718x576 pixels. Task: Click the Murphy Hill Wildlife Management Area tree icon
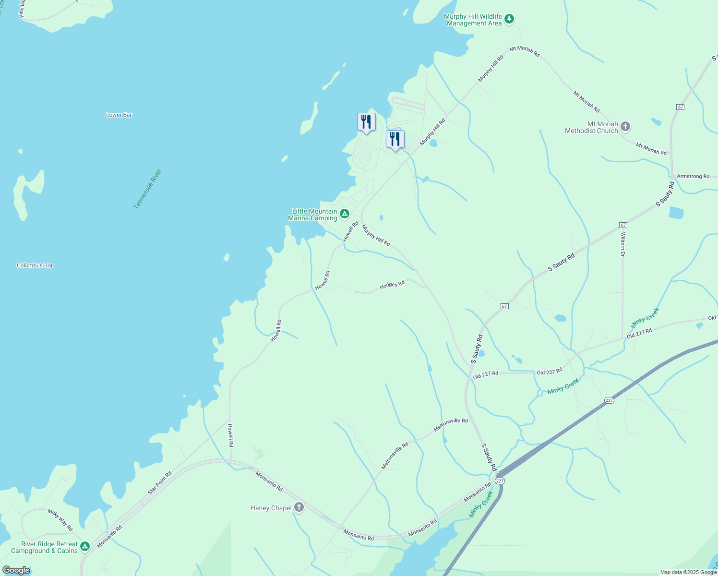(509, 20)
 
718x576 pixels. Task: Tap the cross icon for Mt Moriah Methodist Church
(625, 127)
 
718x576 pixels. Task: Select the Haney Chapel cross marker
(299, 507)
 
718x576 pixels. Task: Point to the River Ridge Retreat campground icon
(85, 547)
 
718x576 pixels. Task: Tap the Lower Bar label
(119, 115)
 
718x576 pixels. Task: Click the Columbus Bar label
(35, 265)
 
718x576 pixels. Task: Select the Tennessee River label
(147, 189)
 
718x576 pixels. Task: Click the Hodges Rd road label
(392, 285)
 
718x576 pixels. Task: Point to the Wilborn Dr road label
(623, 244)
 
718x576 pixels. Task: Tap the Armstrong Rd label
(693, 176)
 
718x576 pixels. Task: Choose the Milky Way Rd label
(60, 520)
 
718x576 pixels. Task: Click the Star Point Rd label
(160, 483)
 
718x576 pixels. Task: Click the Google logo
(16, 570)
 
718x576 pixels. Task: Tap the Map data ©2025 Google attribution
(688, 572)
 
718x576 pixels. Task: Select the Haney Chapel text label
(271, 508)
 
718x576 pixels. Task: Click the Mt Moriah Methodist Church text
(592, 127)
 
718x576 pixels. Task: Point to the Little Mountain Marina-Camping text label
(313, 215)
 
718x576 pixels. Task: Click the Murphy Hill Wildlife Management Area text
(473, 20)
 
